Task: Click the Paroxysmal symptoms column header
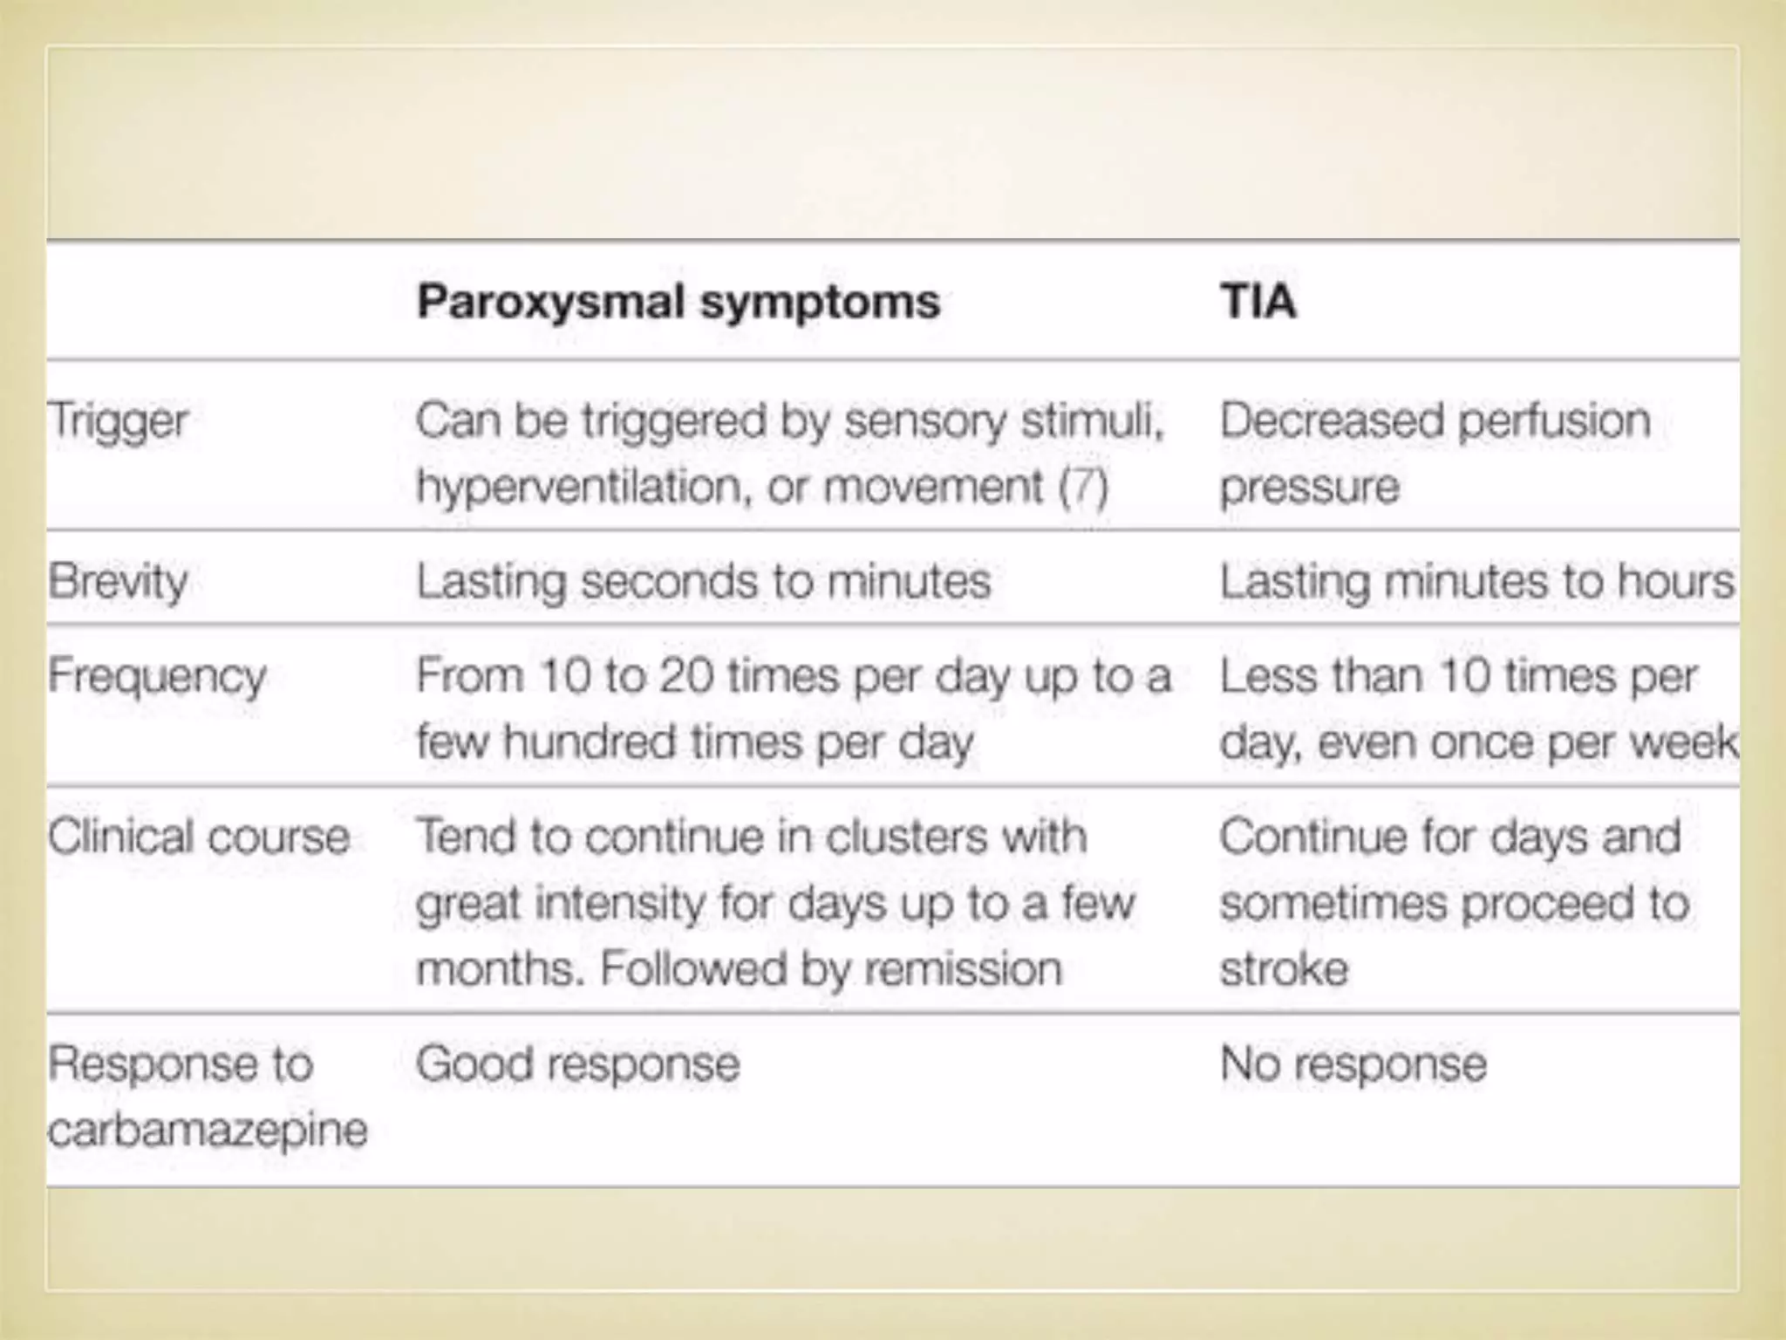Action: (x=678, y=302)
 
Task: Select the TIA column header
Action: (x=1258, y=302)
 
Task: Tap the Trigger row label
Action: (x=118, y=421)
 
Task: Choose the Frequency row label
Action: (x=157, y=677)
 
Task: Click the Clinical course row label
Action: (x=199, y=837)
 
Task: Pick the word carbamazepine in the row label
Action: (x=208, y=1131)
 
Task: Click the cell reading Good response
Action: (x=577, y=1064)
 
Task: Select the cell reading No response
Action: (x=1353, y=1064)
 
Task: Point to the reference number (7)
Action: (x=1083, y=487)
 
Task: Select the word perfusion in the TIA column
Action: (x=1554, y=421)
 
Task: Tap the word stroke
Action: (x=1284, y=969)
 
